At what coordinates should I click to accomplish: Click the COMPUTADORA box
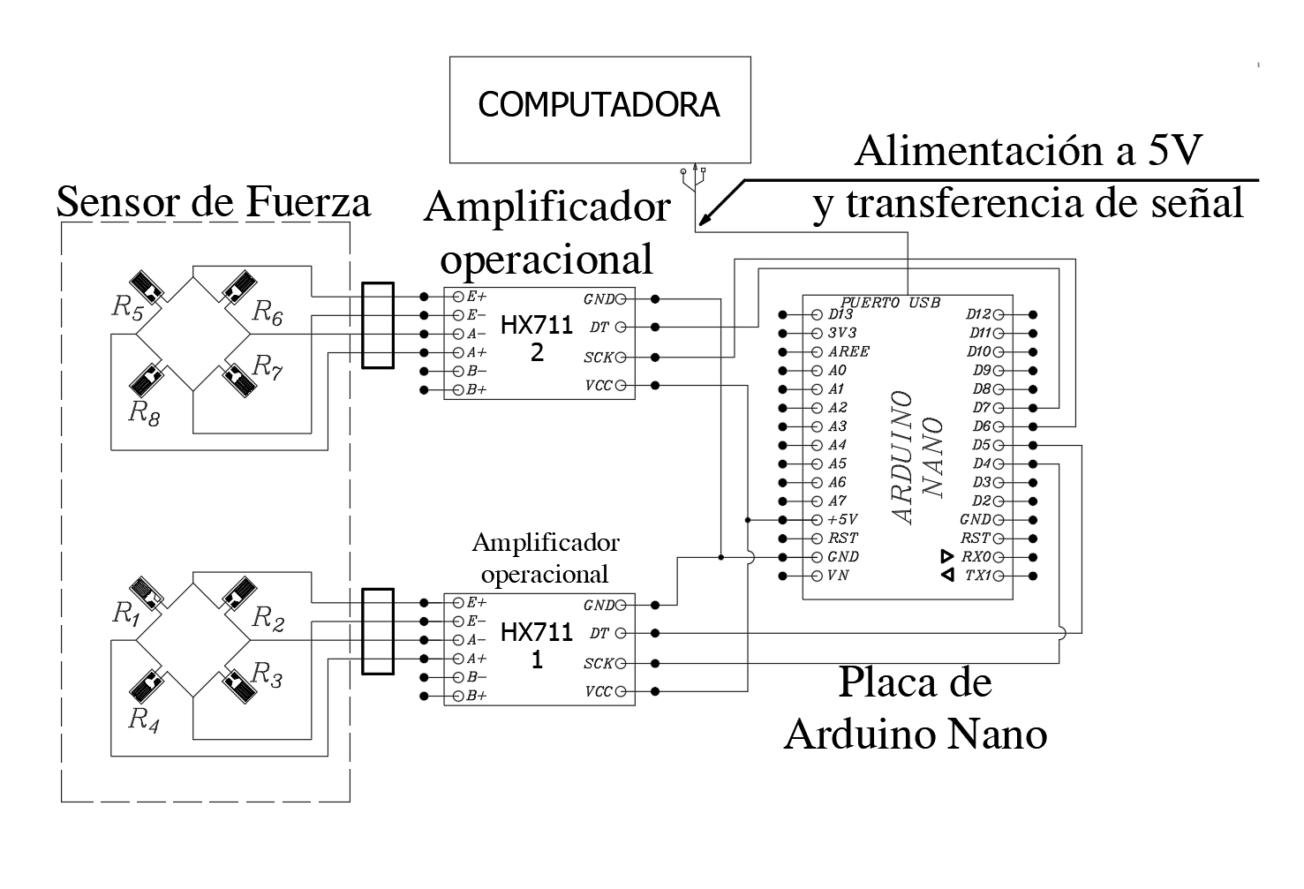coord(599,109)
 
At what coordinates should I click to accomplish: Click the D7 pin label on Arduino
coord(982,408)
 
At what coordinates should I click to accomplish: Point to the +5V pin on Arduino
coord(843,519)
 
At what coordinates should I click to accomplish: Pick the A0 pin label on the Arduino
coord(837,370)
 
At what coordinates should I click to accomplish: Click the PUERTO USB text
coord(891,303)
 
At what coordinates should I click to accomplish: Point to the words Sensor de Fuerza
coord(213,202)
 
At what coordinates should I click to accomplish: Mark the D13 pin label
coord(840,313)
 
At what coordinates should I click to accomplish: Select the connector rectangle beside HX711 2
coord(377,324)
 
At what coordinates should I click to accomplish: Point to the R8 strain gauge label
coord(144,412)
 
